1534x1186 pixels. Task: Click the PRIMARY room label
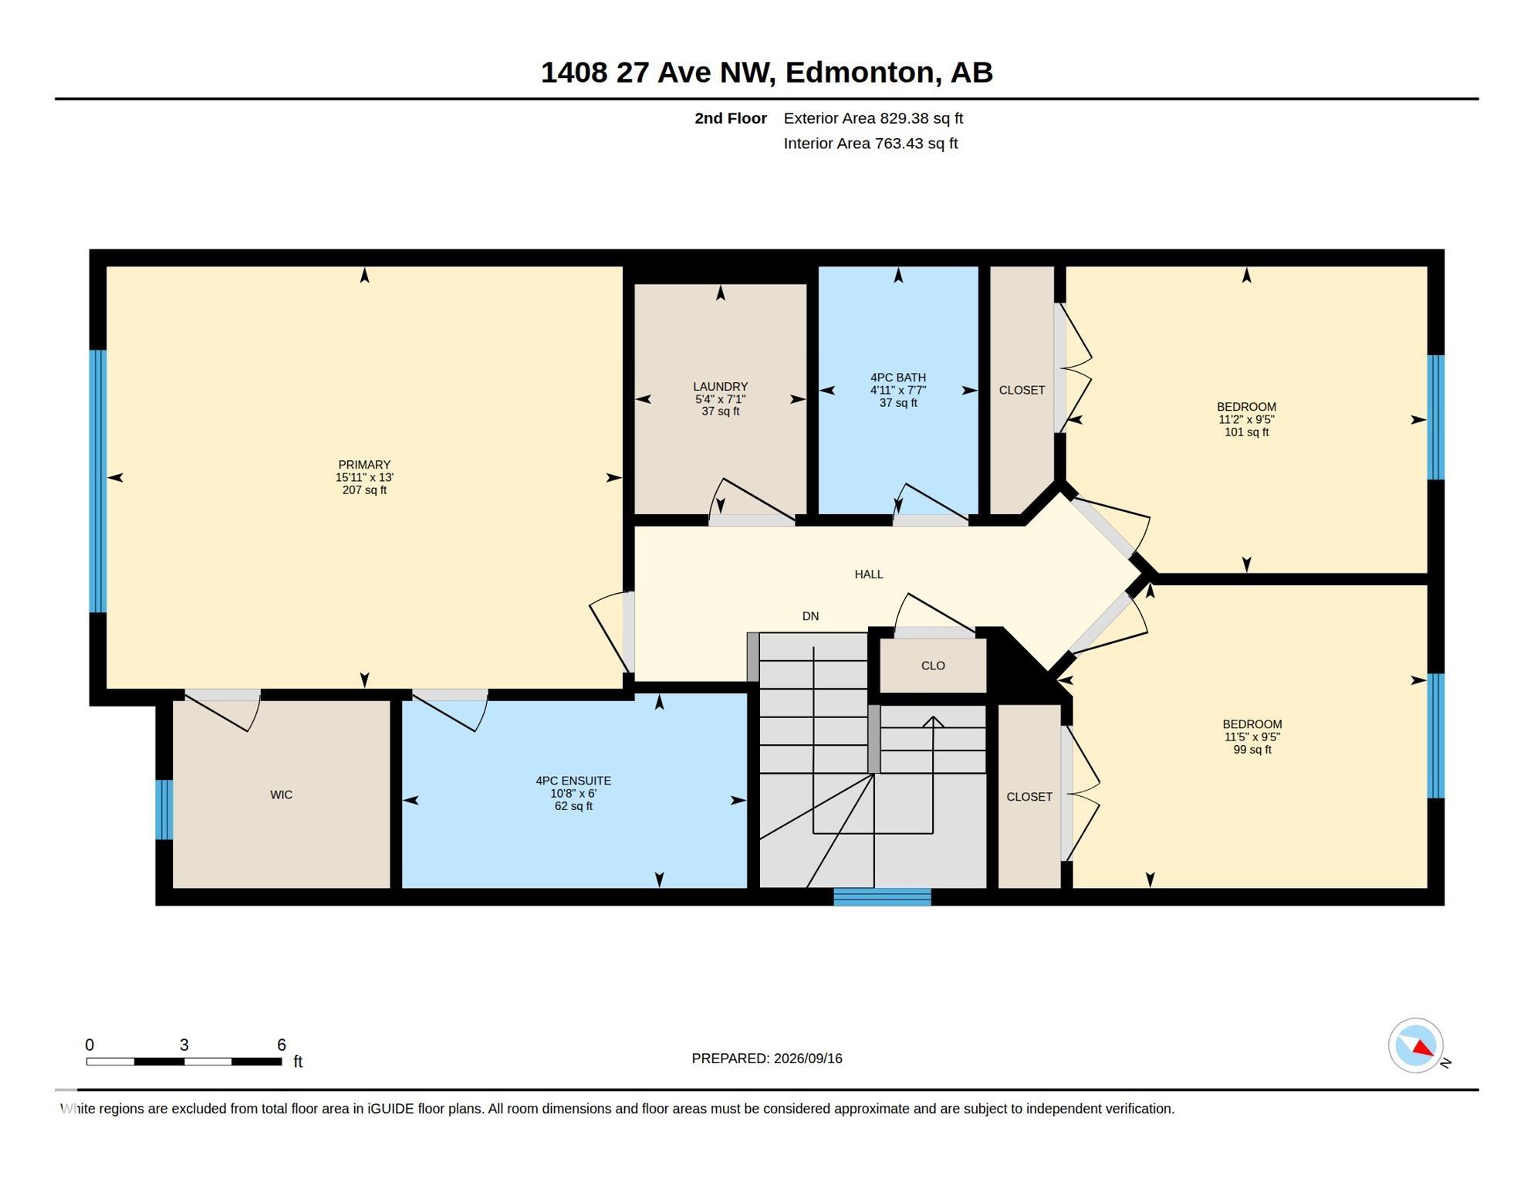(364, 465)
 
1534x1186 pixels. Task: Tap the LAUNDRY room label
(720, 387)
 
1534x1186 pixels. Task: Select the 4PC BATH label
(898, 378)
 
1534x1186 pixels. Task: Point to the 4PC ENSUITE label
(573, 781)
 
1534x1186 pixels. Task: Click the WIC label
(281, 795)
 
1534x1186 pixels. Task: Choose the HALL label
(869, 574)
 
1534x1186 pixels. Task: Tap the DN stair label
(810, 616)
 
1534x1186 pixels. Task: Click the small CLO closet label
(933, 666)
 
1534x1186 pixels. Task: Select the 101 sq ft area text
(1246, 432)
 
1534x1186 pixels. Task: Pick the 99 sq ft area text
(1252, 750)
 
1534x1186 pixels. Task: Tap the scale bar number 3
(184, 1045)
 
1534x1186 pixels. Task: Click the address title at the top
(766, 72)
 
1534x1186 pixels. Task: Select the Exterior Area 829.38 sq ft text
(873, 118)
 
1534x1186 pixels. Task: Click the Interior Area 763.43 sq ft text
(870, 144)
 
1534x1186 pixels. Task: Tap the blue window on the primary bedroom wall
(98, 481)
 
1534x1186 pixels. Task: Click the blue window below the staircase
(882, 897)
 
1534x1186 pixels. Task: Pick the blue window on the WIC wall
(164, 809)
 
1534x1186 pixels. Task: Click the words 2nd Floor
(731, 118)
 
